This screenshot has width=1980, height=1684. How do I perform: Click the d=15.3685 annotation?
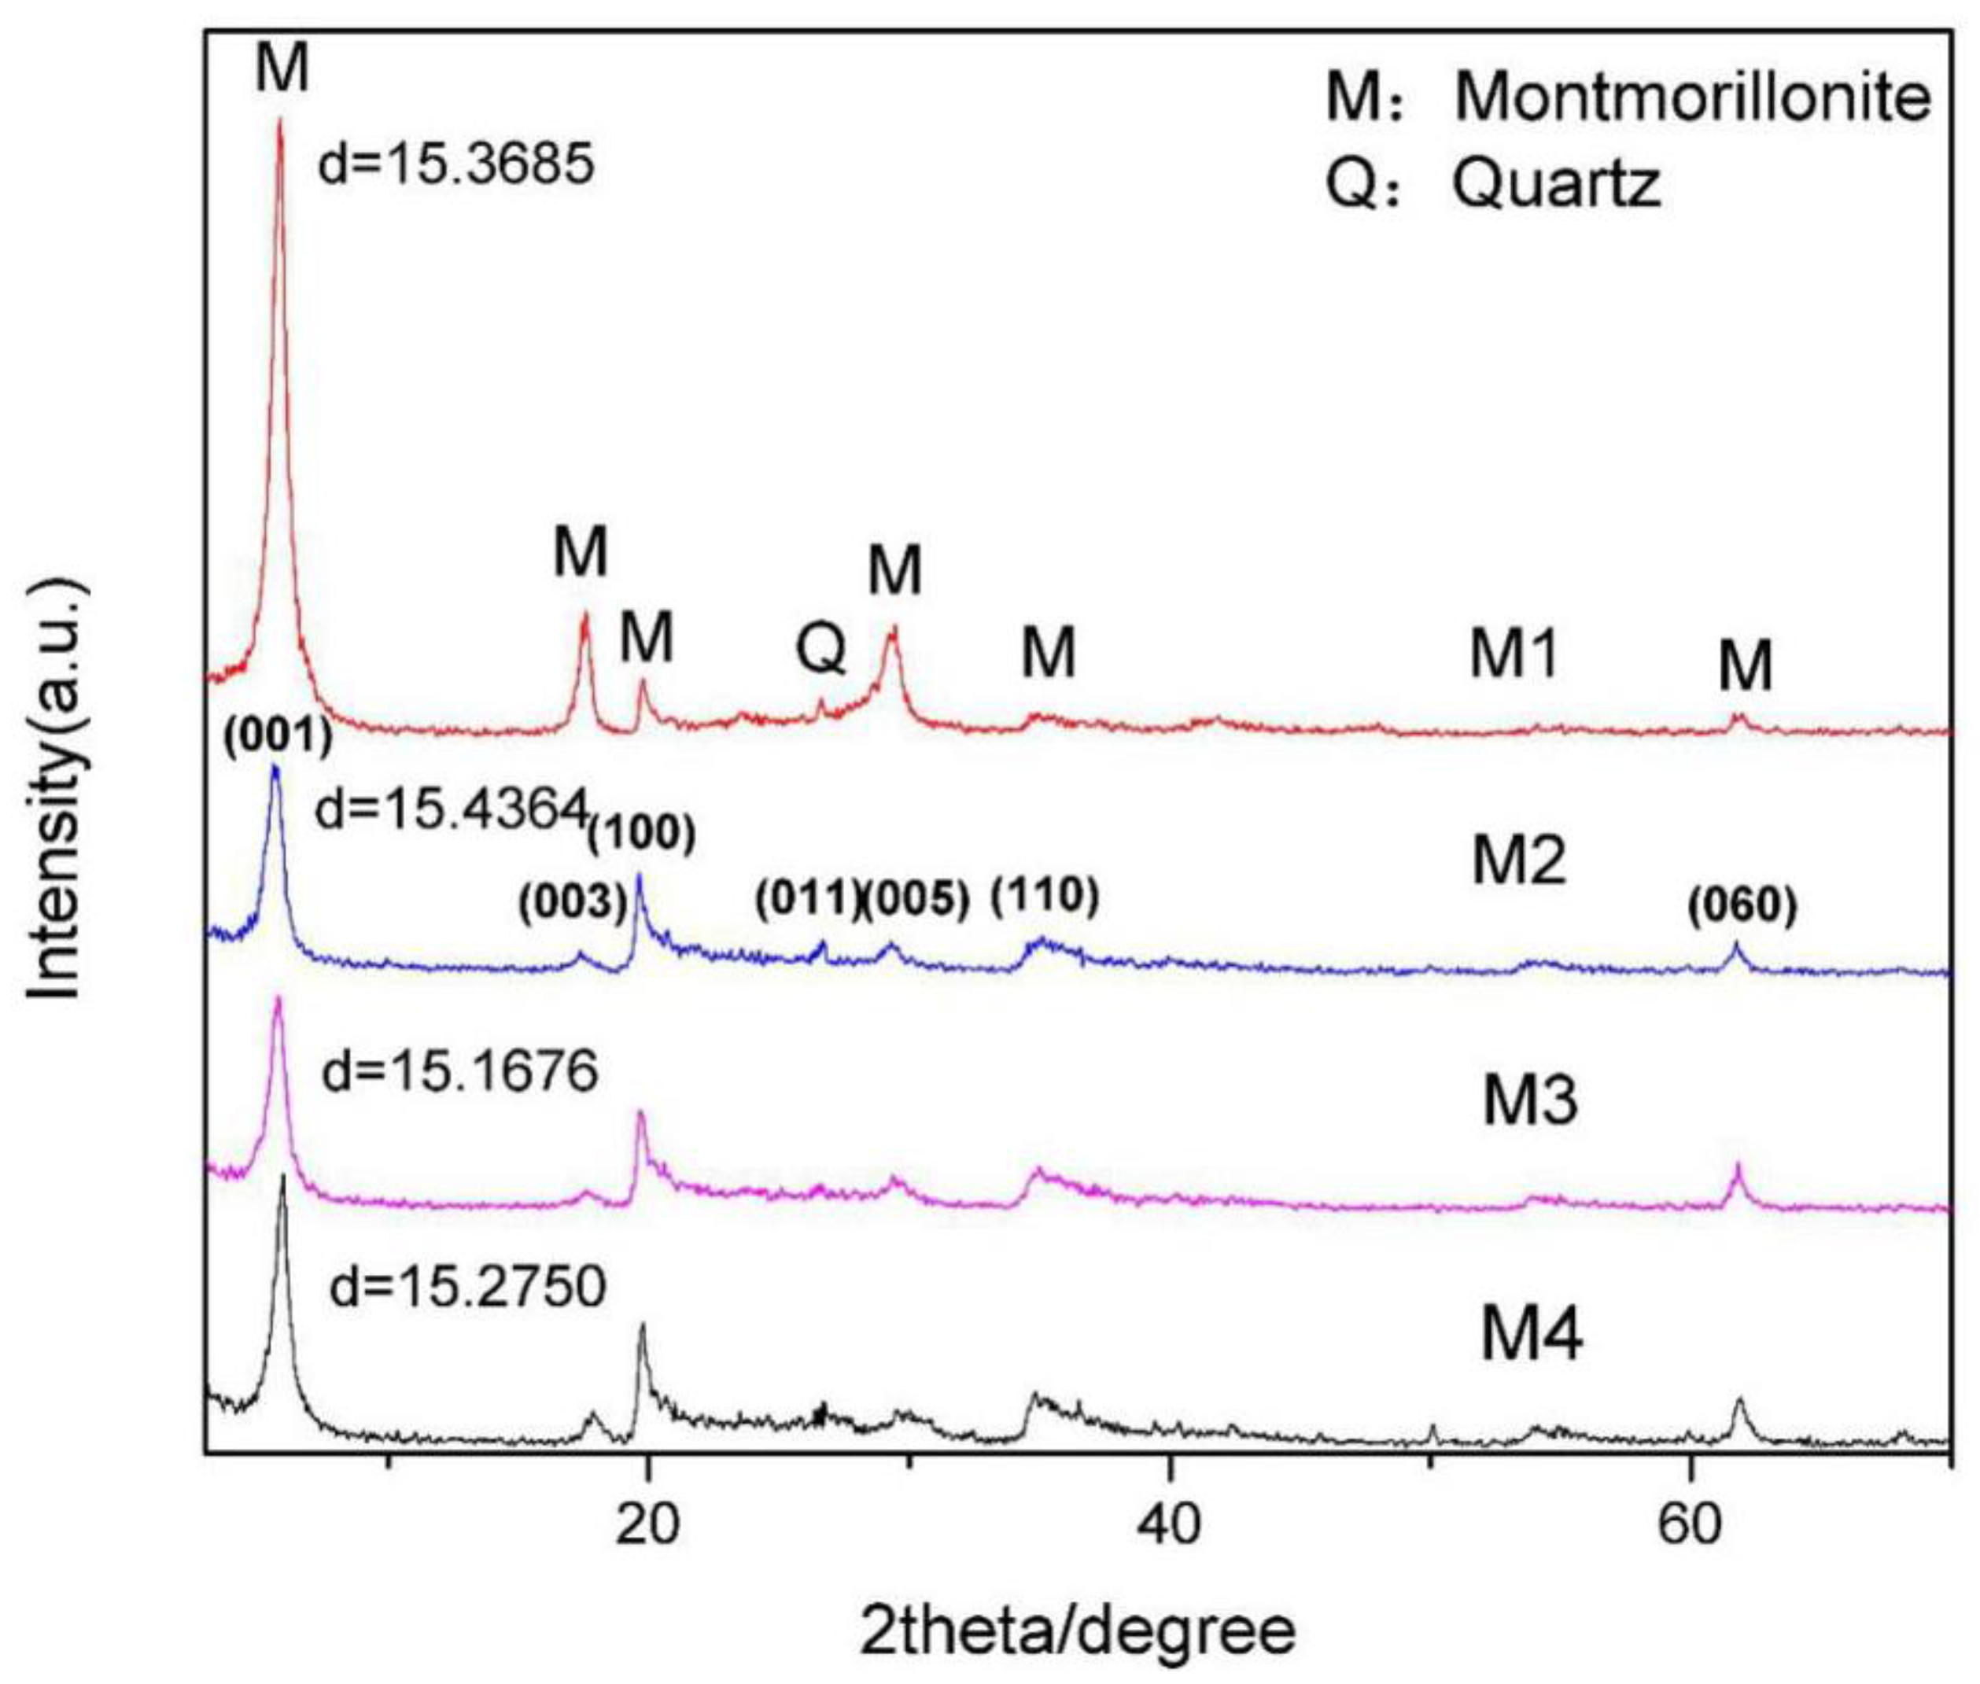pos(455,164)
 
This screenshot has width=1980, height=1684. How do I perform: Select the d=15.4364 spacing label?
pos(448,812)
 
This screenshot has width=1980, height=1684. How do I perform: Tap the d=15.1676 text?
pos(459,1070)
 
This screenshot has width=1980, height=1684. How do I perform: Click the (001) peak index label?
pos(278,736)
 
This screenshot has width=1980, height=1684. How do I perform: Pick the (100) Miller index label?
pos(640,835)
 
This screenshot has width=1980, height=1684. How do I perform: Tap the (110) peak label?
pos(1045,894)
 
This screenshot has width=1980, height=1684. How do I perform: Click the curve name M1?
pos(1514,655)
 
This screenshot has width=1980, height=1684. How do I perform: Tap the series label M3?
pos(1529,1100)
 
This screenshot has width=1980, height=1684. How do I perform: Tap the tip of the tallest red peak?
pos(280,120)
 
